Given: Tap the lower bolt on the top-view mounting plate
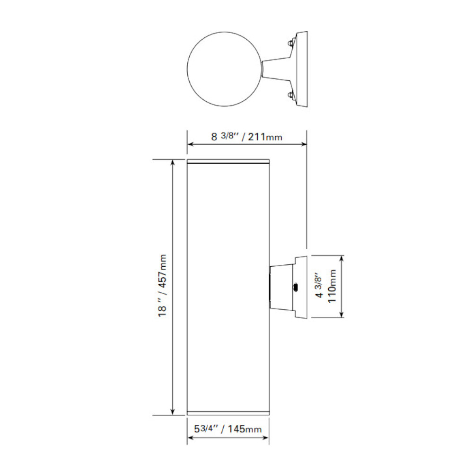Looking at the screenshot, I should coord(289,96).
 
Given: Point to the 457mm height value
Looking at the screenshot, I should coord(162,274).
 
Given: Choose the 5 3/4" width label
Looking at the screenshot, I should coord(206,429).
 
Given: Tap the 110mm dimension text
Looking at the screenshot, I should coord(332,287).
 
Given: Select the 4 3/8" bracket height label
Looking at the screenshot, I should coord(320,287).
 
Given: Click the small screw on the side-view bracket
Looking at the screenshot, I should coord(295,287).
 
